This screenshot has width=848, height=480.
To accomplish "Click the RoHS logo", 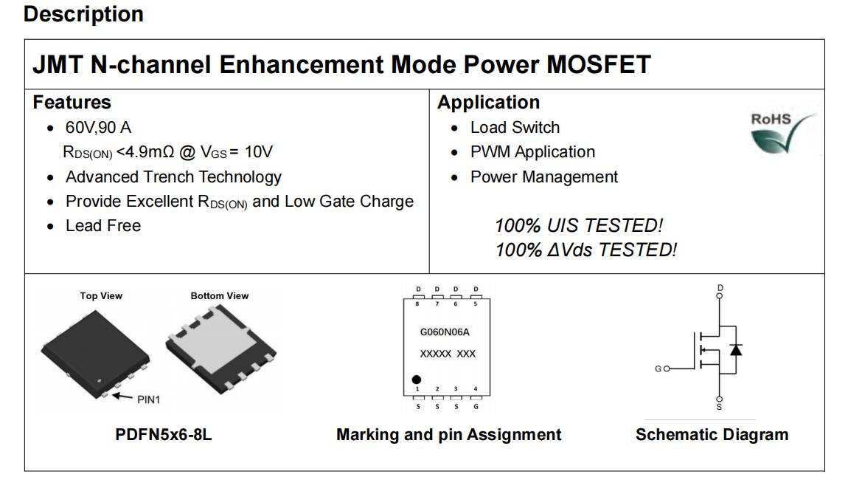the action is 783,132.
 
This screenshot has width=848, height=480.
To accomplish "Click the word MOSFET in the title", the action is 599,65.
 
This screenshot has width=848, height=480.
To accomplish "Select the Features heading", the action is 72,103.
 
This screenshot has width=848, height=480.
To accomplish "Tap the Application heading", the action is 488,103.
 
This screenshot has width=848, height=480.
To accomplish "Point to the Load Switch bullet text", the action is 515,127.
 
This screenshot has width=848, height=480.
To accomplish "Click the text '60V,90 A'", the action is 98,127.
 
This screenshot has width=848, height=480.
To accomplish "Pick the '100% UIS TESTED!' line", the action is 579,225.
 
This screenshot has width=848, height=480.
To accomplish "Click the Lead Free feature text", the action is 103,225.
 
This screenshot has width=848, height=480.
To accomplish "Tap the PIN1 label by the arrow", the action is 149,400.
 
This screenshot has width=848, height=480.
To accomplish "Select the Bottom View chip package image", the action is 220,349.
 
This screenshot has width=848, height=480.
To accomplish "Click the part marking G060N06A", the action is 445,332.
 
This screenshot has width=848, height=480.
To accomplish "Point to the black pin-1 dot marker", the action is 417,380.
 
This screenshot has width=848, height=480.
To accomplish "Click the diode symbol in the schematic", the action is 735,350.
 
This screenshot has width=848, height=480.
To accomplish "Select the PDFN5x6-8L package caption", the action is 163,434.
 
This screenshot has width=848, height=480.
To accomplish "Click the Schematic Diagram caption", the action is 712,434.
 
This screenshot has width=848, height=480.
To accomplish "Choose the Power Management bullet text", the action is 544,177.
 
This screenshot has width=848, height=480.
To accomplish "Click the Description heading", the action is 84,14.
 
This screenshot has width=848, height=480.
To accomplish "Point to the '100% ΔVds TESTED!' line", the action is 585,250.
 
